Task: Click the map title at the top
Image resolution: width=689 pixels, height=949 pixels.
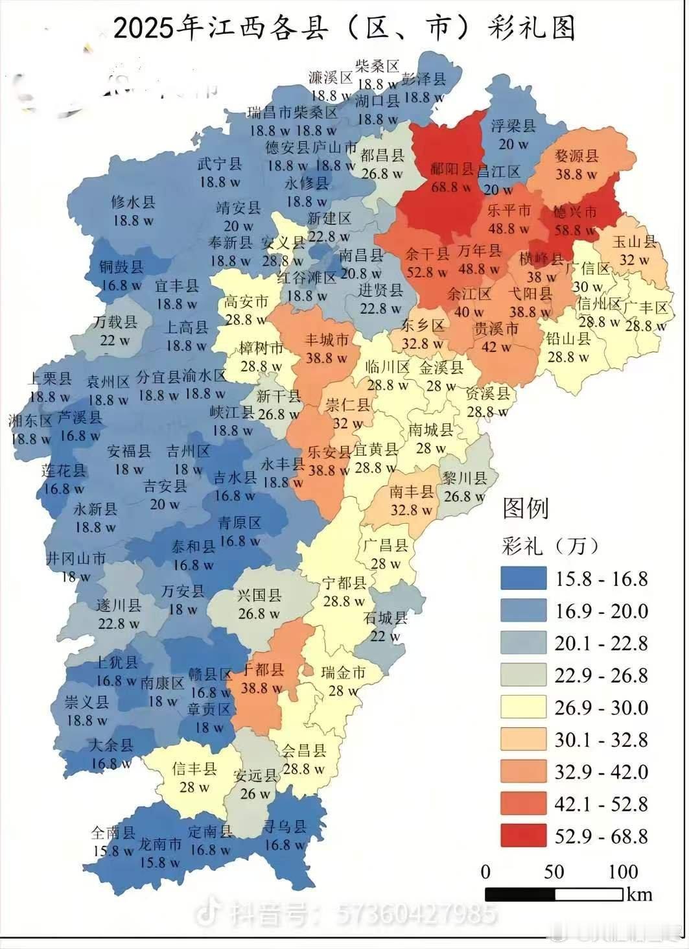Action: pyautogui.click(x=344, y=29)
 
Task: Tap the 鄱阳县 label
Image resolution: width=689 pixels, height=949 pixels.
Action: pyautogui.click(x=452, y=170)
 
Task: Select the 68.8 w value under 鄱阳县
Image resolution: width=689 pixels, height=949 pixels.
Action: pyautogui.click(x=452, y=187)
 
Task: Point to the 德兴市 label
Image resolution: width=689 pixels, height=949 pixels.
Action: pyautogui.click(x=574, y=212)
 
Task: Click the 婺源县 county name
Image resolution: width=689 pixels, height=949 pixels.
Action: pyautogui.click(x=577, y=156)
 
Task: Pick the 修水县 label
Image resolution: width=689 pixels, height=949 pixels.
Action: pyautogui.click(x=133, y=202)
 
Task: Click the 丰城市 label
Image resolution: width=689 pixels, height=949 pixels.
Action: pyautogui.click(x=327, y=339)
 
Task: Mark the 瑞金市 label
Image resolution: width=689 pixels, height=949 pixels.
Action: pyautogui.click(x=344, y=673)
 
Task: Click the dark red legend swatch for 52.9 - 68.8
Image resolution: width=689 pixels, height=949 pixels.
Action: pyautogui.click(x=523, y=836)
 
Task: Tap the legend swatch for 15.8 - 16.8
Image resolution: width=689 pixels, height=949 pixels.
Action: pyautogui.click(x=523, y=578)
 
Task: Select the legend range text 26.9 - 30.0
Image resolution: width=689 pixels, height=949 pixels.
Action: pyautogui.click(x=601, y=707)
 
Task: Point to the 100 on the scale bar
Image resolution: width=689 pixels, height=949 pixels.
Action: pyautogui.click(x=623, y=871)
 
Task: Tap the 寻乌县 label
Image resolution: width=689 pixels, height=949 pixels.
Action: pyautogui.click(x=284, y=826)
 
